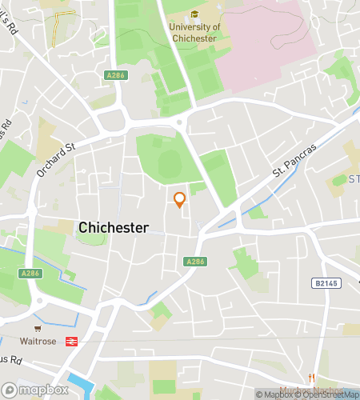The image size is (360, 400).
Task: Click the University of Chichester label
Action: click(x=193, y=33)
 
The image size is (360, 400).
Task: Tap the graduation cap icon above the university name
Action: click(x=194, y=14)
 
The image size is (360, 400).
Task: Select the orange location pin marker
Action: click(x=179, y=200)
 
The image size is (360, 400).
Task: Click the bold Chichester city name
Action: click(x=113, y=228)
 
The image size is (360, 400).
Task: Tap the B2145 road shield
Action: click(x=322, y=283)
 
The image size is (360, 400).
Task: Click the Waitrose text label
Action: click(x=37, y=340)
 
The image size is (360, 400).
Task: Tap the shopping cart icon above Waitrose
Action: click(x=37, y=328)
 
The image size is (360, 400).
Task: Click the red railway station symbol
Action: click(x=71, y=341)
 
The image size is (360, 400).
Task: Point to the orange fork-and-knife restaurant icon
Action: click(x=312, y=378)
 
